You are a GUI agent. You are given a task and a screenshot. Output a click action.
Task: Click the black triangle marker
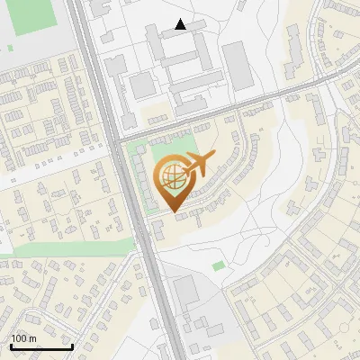181,24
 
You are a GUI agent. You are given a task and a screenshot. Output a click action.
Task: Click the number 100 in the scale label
20,338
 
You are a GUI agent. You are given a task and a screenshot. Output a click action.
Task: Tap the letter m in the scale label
34,338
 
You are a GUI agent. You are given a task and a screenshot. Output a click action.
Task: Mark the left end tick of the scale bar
11,346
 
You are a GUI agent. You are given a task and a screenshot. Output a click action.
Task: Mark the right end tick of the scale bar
72,346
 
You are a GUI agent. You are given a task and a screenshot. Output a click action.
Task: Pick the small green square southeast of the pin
219,265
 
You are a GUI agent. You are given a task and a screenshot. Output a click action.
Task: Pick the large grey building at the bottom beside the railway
185,292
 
